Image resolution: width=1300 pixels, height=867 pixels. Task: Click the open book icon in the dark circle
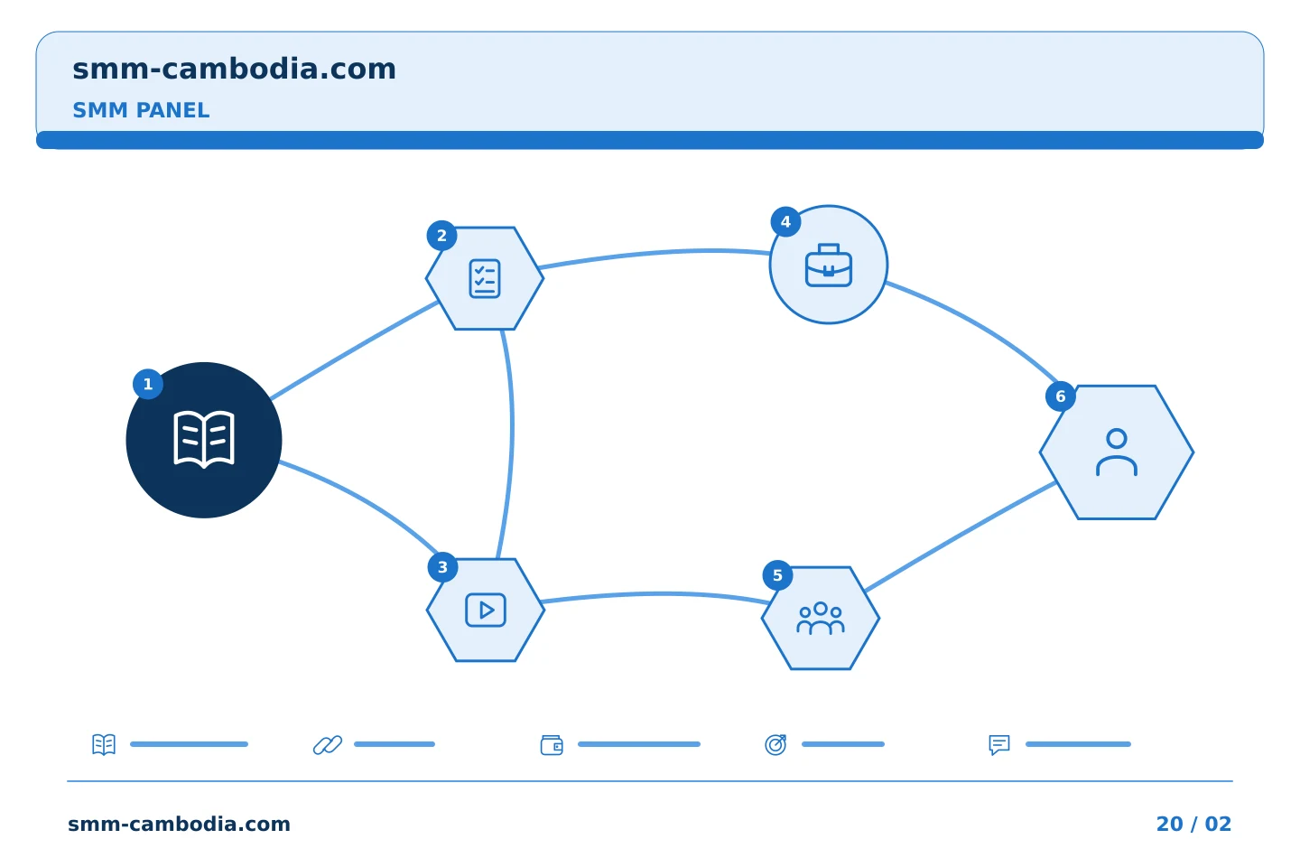click(204, 440)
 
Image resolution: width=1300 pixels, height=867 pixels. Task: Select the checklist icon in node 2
click(485, 279)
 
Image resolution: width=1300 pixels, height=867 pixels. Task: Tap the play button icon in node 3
click(486, 610)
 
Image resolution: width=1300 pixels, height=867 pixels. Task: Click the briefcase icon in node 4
click(829, 266)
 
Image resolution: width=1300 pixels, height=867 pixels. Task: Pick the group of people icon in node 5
click(821, 619)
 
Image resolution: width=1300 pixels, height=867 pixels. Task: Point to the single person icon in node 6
click(1117, 452)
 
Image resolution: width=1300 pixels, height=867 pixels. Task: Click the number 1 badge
click(148, 384)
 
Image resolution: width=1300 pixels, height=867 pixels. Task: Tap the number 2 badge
click(441, 236)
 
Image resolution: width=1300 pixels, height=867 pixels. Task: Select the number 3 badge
click(442, 567)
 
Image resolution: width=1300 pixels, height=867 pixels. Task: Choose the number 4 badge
click(785, 222)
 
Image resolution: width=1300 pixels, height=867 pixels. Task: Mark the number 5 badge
click(777, 575)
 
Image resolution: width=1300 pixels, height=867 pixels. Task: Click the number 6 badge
click(1060, 396)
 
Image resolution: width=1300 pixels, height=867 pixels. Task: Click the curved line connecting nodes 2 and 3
click(512, 430)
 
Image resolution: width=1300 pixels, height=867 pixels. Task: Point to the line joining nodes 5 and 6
click(961, 536)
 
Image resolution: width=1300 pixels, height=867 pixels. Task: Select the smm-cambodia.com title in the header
click(234, 69)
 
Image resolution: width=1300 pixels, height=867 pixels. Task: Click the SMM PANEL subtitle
click(141, 110)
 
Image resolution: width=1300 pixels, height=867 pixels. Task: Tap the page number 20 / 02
click(1193, 824)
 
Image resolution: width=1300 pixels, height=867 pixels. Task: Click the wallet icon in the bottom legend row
click(552, 744)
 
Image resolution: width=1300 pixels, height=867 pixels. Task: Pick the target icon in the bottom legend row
click(775, 744)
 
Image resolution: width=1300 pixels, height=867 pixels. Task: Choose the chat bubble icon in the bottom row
click(998, 744)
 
